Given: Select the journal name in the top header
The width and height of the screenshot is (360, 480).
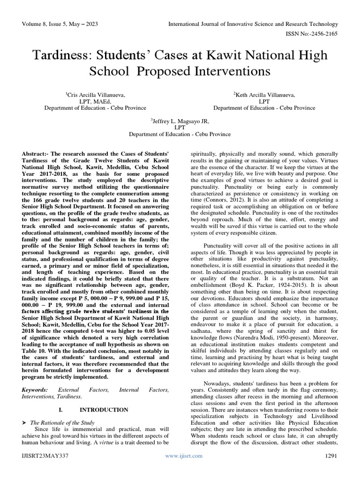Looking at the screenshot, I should click(x=253, y=24).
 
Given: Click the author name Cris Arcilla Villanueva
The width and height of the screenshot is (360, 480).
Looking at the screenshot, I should click(x=96, y=95).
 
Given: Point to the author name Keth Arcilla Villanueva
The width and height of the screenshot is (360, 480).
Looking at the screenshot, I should click(x=264, y=95).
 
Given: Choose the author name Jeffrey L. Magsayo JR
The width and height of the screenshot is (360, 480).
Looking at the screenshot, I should click(x=180, y=121).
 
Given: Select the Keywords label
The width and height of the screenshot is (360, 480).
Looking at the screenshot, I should click(x=35, y=390).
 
